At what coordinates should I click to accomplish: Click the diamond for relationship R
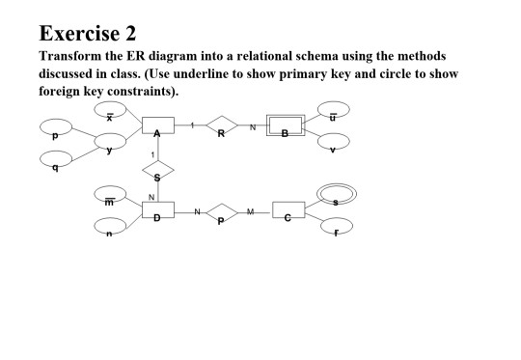pyautogui.click(x=221, y=127)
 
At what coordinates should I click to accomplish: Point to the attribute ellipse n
pyautogui.click(x=112, y=228)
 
